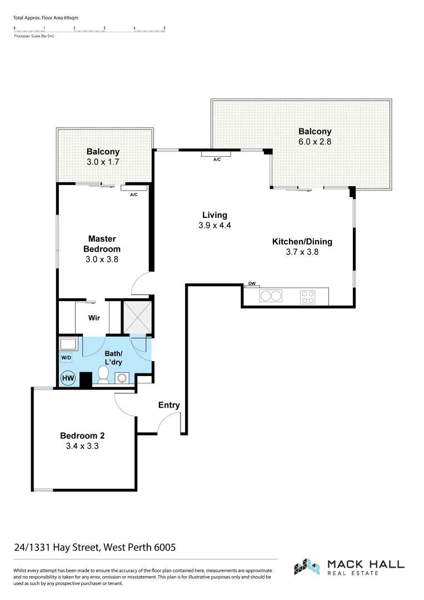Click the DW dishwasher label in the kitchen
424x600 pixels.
pos(252,284)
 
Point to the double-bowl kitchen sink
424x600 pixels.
pos(271,296)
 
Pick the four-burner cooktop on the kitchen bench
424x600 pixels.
pos(307,297)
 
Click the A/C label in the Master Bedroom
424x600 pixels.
pos(134,195)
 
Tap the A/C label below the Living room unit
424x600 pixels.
pos(217,159)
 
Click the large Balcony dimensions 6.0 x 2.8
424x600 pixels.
pos(315,142)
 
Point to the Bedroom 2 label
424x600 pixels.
pos(82,436)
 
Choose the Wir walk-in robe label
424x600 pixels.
pos(94,319)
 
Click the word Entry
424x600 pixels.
pos(169,405)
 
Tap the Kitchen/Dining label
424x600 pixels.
pos(302,241)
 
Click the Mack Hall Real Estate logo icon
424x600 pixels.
pos(307,567)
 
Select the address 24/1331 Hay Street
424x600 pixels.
pos(95,547)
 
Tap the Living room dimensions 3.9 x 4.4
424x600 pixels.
pos(215,226)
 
